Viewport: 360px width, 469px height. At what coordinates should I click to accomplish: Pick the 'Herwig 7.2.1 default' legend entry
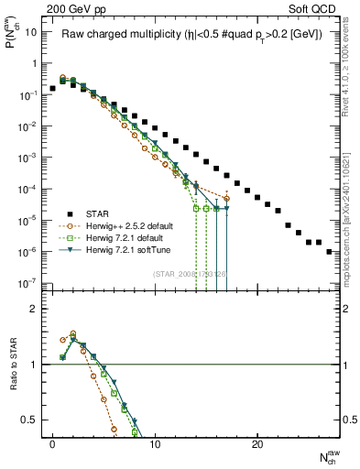tap(130, 236)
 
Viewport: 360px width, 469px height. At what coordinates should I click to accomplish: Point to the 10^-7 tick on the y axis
tap(27, 283)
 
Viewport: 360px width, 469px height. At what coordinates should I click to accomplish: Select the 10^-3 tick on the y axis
tap(27, 158)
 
